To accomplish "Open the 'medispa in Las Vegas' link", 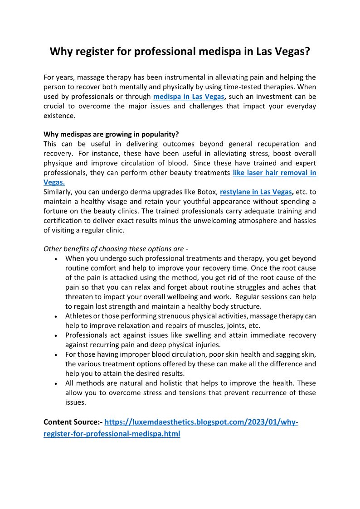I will coord(189,97).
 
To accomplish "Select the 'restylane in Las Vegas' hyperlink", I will coord(256,192).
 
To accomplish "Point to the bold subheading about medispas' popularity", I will coord(111,135).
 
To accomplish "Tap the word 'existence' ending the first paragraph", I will coord(58,116).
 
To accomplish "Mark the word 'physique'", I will coord(57,163).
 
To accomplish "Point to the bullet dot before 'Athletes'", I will coord(55,316).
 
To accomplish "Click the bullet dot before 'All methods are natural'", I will coord(55,383).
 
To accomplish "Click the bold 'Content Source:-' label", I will coord(73,422).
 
